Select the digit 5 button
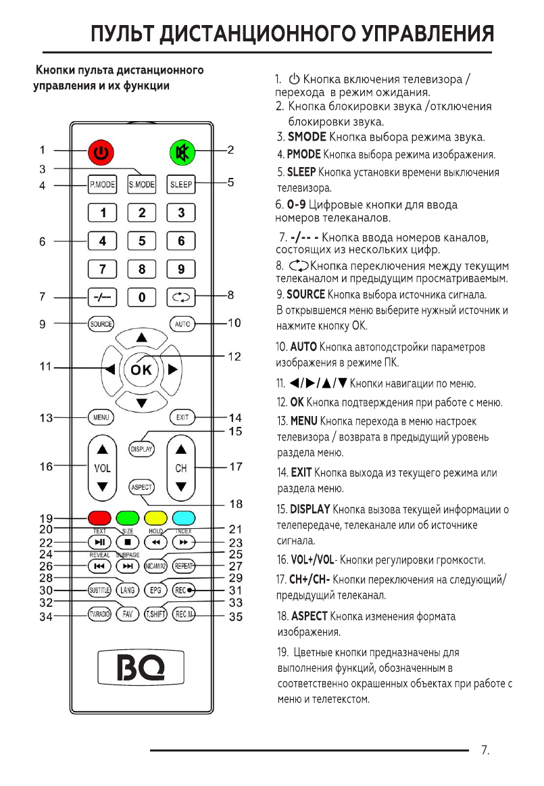point(142,240)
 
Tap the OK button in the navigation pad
point(141,369)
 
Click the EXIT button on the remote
point(182,417)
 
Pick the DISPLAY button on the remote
point(142,448)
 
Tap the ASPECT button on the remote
point(142,487)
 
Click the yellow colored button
point(155,518)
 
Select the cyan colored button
point(182,518)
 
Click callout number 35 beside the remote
point(234,616)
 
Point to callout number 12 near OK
point(234,356)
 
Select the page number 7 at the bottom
point(484,749)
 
